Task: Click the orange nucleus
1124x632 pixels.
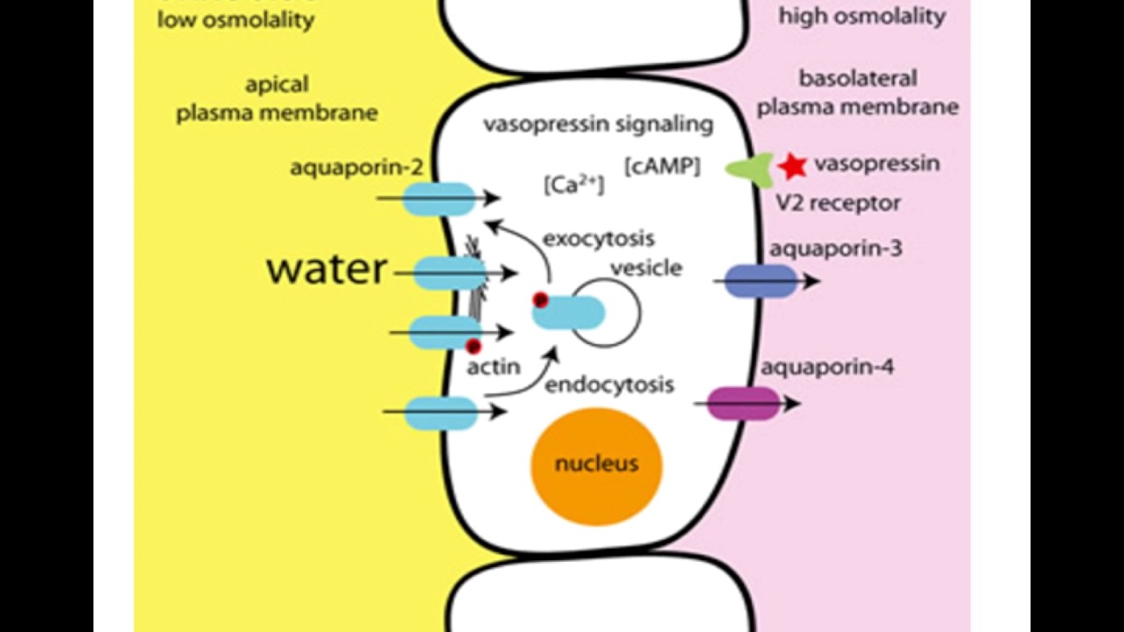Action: click(596, 466)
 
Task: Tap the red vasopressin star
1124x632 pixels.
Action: click(792, 165)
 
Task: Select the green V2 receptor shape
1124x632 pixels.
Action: click(749, 169)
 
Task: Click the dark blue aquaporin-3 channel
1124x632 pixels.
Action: click(761, 281)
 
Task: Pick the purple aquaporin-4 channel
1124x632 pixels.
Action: click(744, 404)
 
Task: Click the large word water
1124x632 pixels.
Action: click(327, 269)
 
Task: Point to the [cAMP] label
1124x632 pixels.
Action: click(662, 166)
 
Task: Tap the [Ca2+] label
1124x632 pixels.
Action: click(574, 184)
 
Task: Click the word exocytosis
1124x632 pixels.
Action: click(598, 238)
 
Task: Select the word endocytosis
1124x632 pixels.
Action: click(609, 384)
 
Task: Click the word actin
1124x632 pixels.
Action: click(493, 367)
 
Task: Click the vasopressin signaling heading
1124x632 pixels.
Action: click(598, 124)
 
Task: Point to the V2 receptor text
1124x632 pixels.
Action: click(838, 203)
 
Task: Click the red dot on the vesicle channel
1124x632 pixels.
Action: click(540, 300)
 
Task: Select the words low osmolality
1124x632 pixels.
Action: click(235, 19)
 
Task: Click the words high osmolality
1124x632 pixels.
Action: click(861, 16)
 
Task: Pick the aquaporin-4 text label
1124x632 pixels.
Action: click(826, 366)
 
